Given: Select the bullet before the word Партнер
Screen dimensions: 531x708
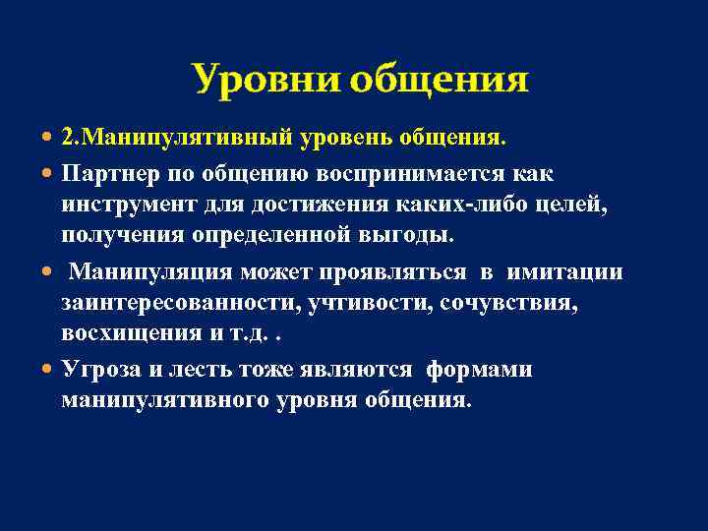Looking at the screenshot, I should click(x=49, y=174).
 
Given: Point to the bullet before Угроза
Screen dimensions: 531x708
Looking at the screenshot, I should click(x=49, y=370).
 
